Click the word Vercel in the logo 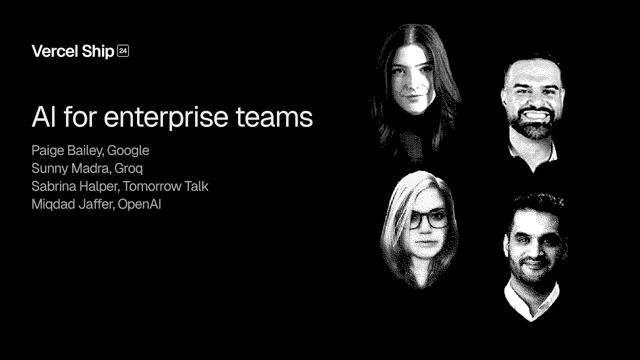pyautogui.click(x=54, y=51)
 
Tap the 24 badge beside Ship pyautogui.click(x=123, y=50)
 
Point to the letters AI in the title pyautogui.click(x=43, y=117)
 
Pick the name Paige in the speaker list pyautogui.click(x=47, y=150)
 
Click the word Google pyautogui.click(x=128, y=150)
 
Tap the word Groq pyautogui.click(x=128, y=168)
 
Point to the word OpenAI pyautogui.click(x=139, y=204)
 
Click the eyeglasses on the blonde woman pyautogui.click(x=427, y=220)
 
